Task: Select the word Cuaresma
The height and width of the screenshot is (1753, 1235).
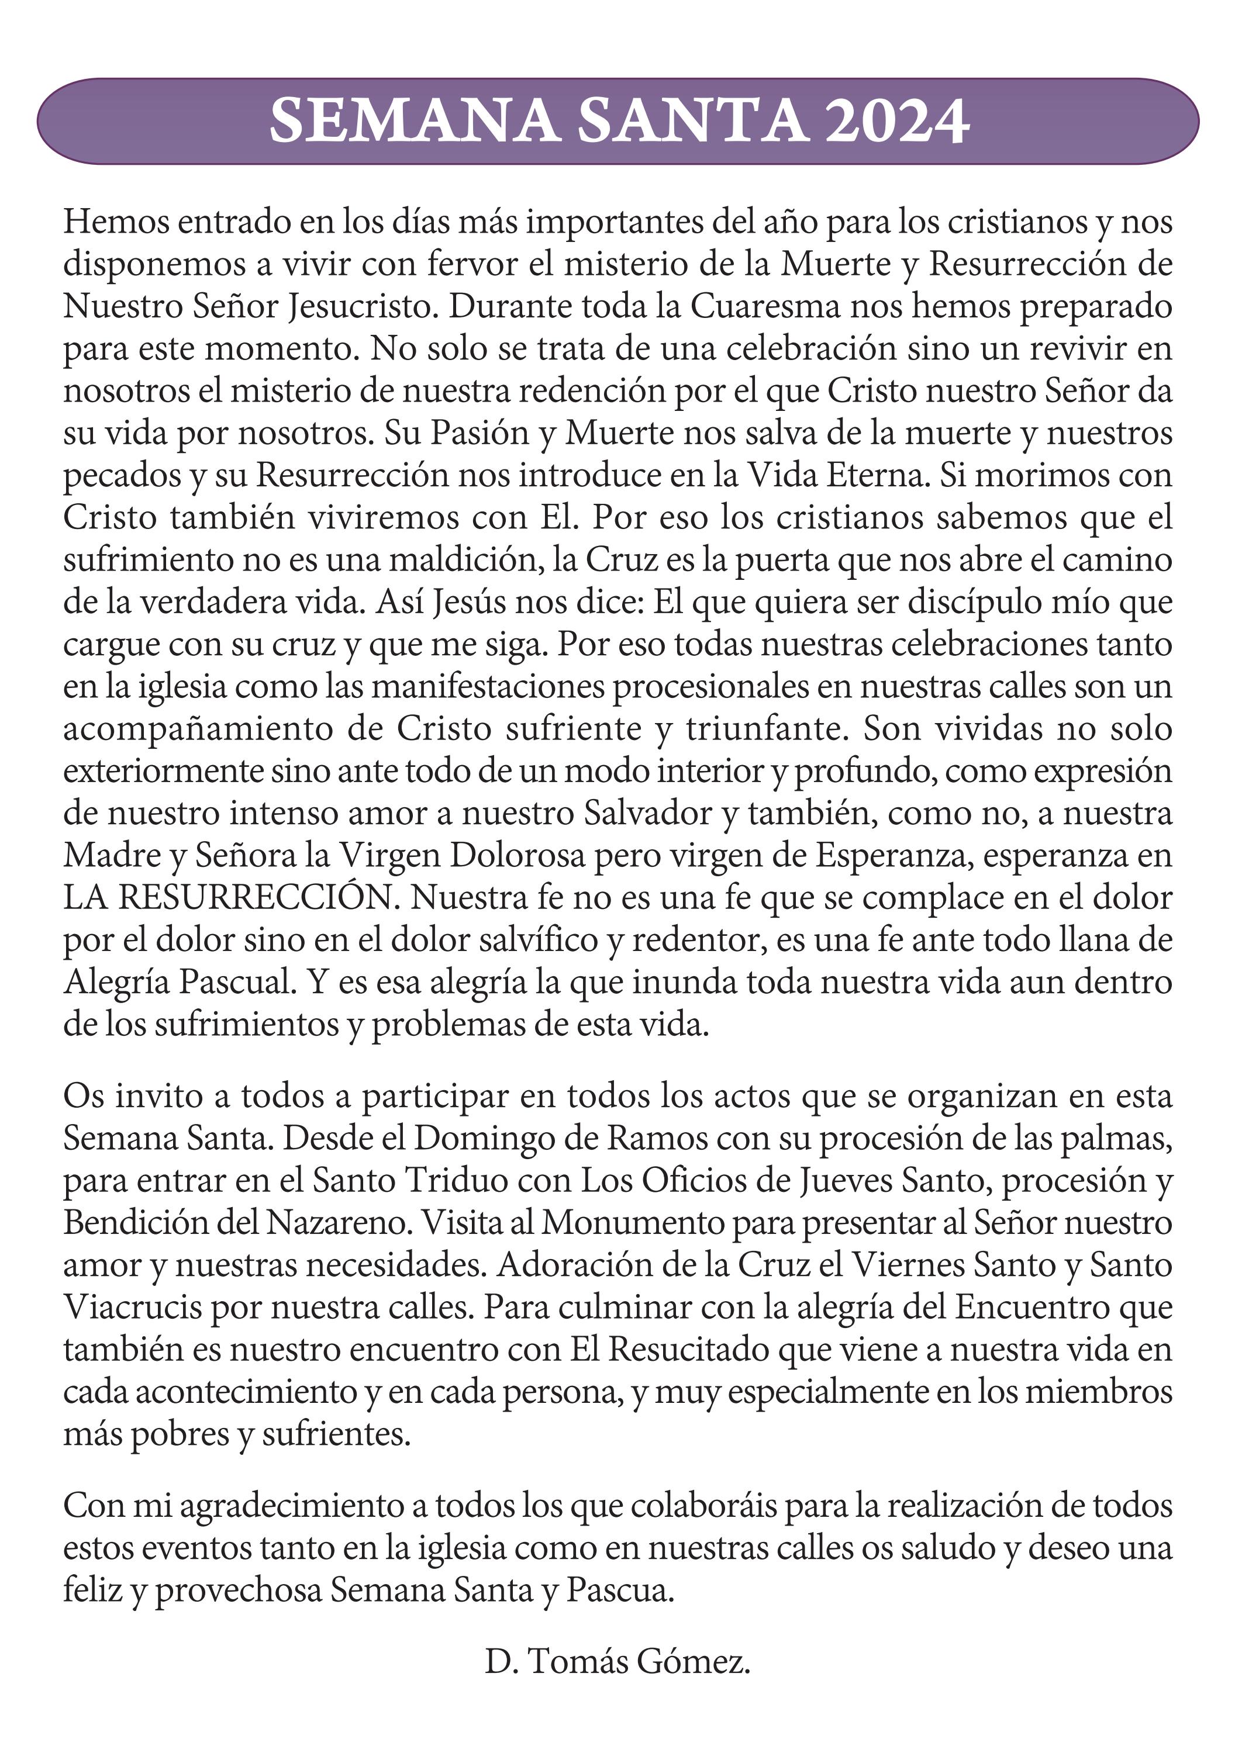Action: pyautogui.click(x=765, y=306)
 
